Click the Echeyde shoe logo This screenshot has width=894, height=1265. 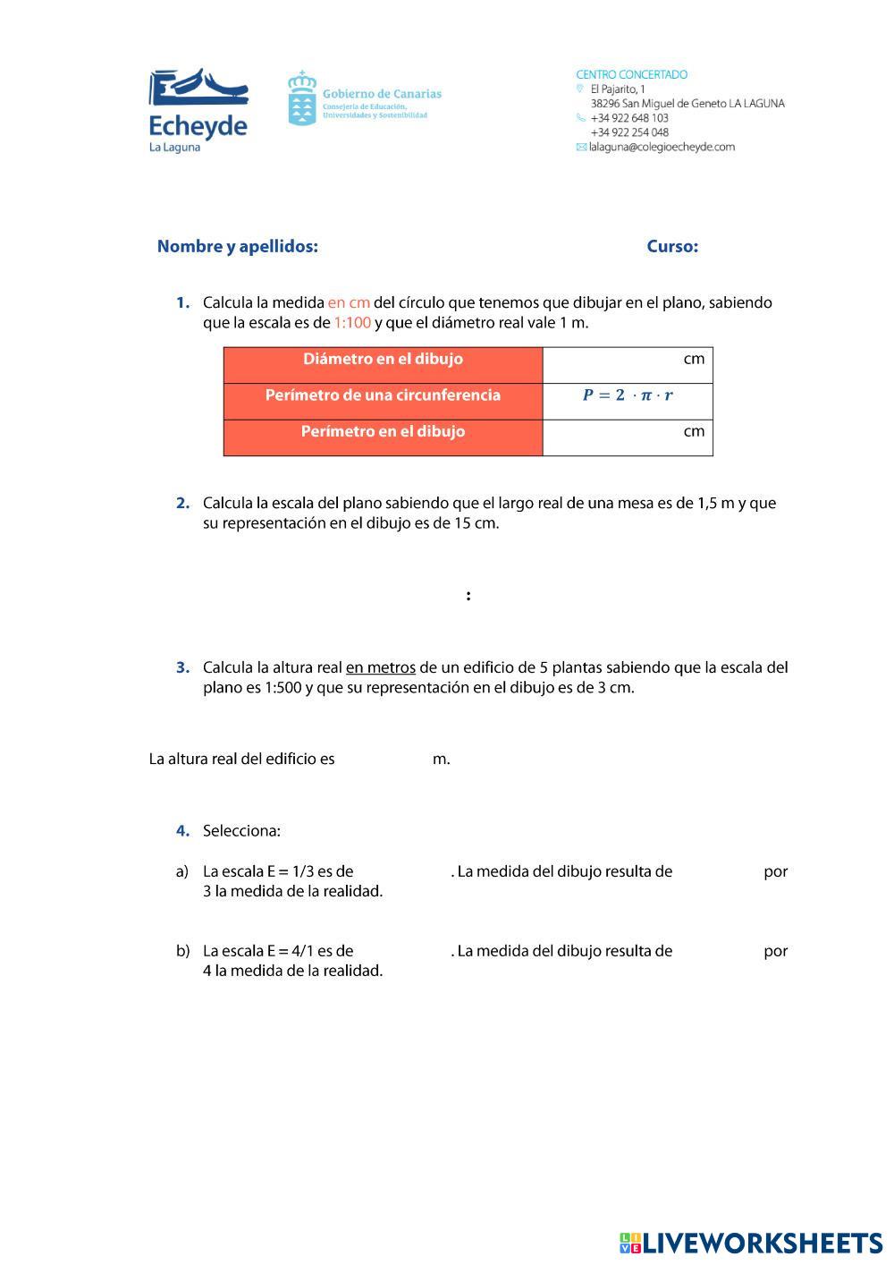coord(198,92)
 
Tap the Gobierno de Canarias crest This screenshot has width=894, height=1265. coord(302,98)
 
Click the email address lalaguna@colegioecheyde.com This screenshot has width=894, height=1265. coord(662,147)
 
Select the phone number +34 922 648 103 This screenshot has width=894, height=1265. coord(629,118)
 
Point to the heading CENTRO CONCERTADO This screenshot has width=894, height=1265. coord(631,74)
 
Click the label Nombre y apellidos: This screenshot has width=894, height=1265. coord(237,246)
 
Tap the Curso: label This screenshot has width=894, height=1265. coord(672,246)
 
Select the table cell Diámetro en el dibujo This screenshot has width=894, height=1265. coord(383,360)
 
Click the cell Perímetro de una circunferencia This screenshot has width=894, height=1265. coord(383,395)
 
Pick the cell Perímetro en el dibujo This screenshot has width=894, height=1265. coord(383,432)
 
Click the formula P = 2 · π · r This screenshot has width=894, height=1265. coord(628,395)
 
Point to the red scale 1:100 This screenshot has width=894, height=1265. coord(352,323)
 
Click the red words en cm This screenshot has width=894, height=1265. coord(349,302)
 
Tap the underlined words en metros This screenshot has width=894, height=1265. coord(381,667)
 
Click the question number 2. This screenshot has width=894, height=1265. coord(182,503)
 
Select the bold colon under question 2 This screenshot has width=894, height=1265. coord(468,596)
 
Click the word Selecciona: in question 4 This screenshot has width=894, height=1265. coord(241,831)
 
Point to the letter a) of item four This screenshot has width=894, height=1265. coord(182,871)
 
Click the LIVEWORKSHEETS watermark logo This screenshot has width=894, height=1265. coord(751,1243)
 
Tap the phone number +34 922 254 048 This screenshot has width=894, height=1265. coord(629,132)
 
